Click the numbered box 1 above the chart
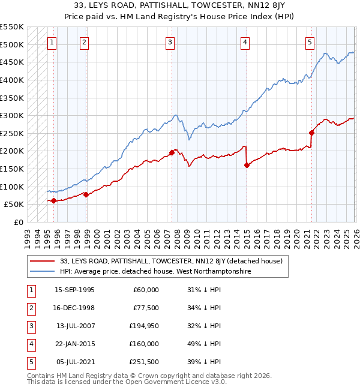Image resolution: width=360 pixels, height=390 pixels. pos(52,43)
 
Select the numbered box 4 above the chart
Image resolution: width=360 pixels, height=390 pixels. pos(245,43)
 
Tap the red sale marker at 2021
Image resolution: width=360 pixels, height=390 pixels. pos(311,133)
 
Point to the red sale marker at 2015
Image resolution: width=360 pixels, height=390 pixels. pos(247,166)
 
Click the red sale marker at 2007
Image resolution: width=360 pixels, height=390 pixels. pos(172,153)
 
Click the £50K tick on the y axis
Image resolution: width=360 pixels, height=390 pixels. pos(14,205)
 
